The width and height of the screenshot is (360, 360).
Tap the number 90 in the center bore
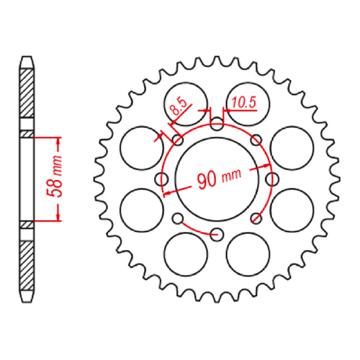click(208, 180)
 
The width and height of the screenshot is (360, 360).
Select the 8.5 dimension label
click(177, 110)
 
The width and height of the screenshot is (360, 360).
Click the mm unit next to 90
click(232, 175)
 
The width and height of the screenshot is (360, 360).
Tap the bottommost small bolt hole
click(217, 232)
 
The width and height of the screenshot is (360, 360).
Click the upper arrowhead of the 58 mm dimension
click(57, 139)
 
